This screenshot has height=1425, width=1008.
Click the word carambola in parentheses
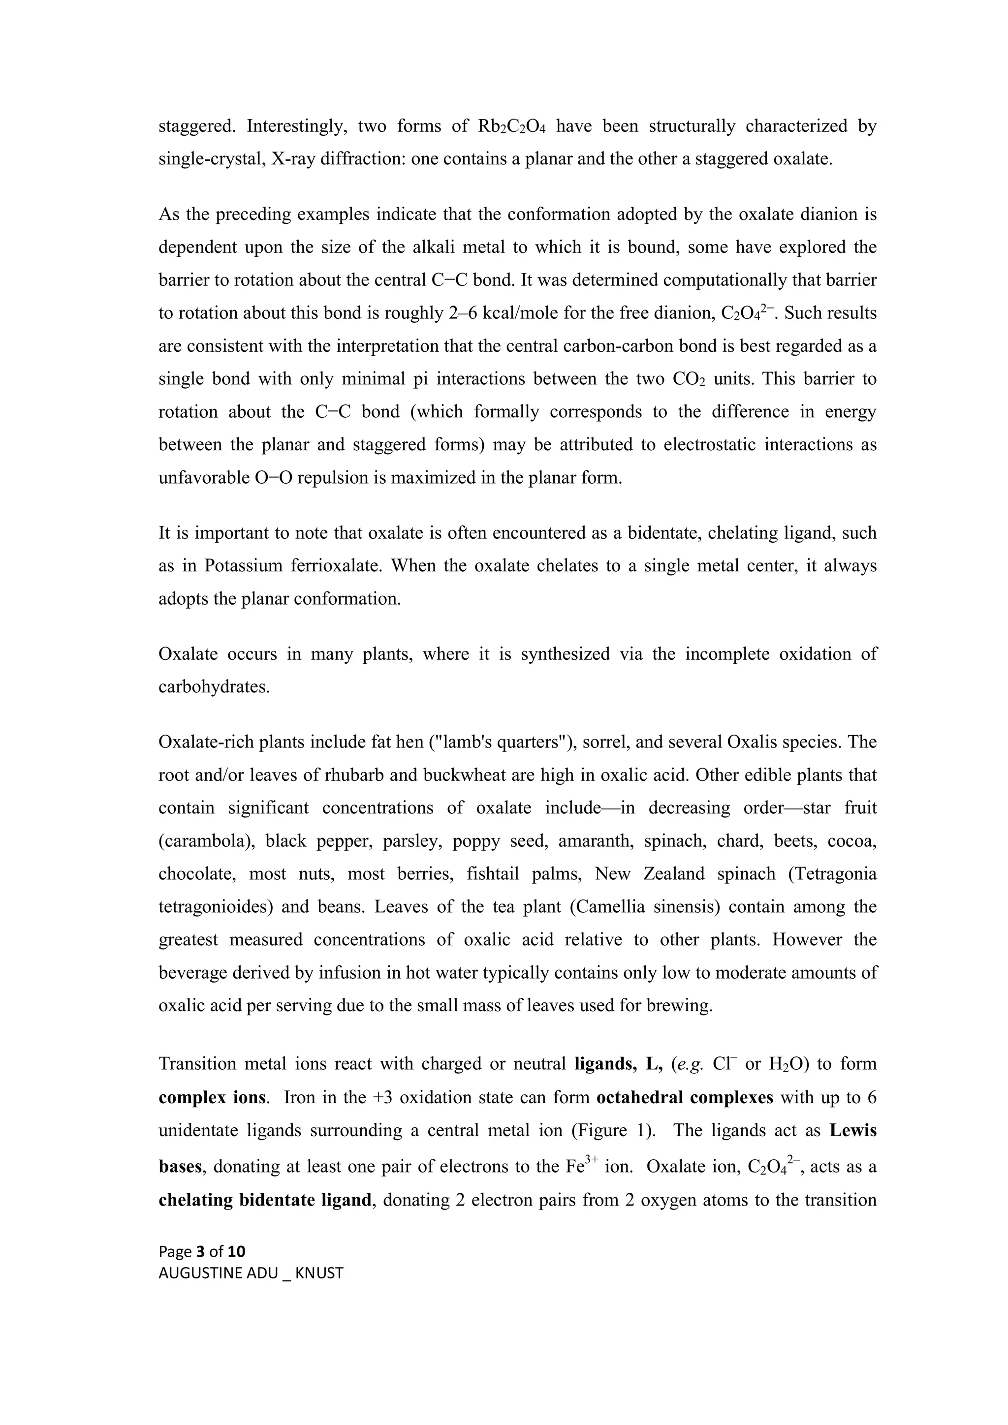tap(207, 841)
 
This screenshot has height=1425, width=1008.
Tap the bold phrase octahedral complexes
tap(685, 1097)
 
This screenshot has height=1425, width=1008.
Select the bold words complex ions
tap(213, 1097)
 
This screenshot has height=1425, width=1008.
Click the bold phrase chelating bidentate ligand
tap(264, 1200)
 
